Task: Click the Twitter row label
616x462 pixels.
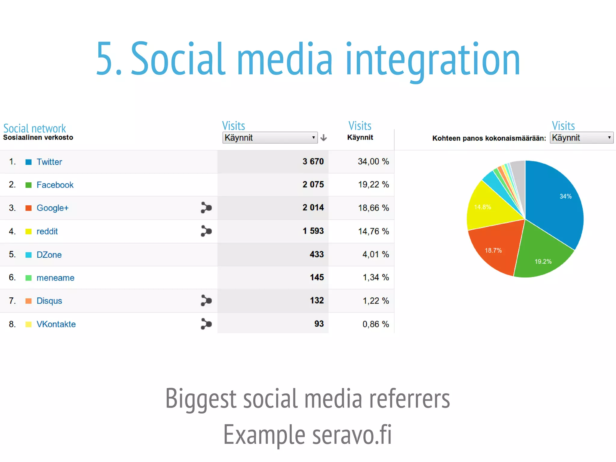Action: coord(49,162)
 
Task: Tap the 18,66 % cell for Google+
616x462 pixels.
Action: coord(373,208)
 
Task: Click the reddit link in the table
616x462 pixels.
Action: coord(47,231)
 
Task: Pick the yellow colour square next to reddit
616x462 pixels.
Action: coord(29,231)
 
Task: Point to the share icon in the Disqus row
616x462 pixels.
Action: coord(206,300)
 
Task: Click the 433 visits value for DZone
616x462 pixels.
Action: coord(316,254)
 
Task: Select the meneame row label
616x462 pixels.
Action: coord(55,278)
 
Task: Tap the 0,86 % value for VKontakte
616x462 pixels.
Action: coord(375,324)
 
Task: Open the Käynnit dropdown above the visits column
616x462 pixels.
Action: coord(270,138)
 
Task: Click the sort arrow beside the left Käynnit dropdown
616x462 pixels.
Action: coord(324,138)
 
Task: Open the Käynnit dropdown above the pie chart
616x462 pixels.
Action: coord(581,138)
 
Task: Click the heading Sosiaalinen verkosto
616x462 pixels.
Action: coord(38,138)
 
